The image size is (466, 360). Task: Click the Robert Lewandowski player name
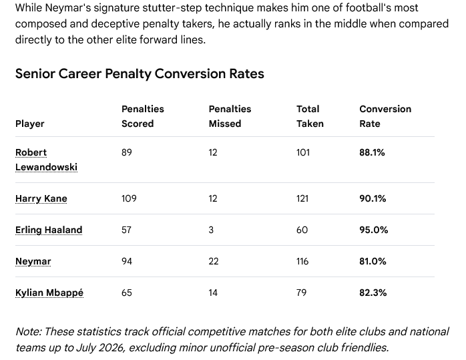pos(46,160)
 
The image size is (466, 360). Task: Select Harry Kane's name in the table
pos(41,198)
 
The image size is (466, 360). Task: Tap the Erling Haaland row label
pos(49,230)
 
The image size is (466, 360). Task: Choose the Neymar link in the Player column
pos(33,262)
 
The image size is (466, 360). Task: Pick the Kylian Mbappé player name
pos(49,293)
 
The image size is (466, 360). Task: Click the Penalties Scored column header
pos(143,116)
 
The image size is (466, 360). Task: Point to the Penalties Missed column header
pos(230,116)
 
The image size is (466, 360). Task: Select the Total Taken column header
pos(310,116)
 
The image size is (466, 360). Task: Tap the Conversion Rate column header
pos(385,116)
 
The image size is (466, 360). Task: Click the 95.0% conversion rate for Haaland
pos(374,230)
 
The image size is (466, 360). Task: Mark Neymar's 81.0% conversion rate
pos(373,261)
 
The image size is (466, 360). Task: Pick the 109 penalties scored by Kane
pos(129,198)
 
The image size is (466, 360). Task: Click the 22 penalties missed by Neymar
pos(214,261)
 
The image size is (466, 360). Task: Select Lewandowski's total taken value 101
pos(303,152)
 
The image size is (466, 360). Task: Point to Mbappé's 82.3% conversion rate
pos(373,293)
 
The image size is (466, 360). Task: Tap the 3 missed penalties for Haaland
pos(211,230)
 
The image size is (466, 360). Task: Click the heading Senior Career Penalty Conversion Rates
pos(140,73)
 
